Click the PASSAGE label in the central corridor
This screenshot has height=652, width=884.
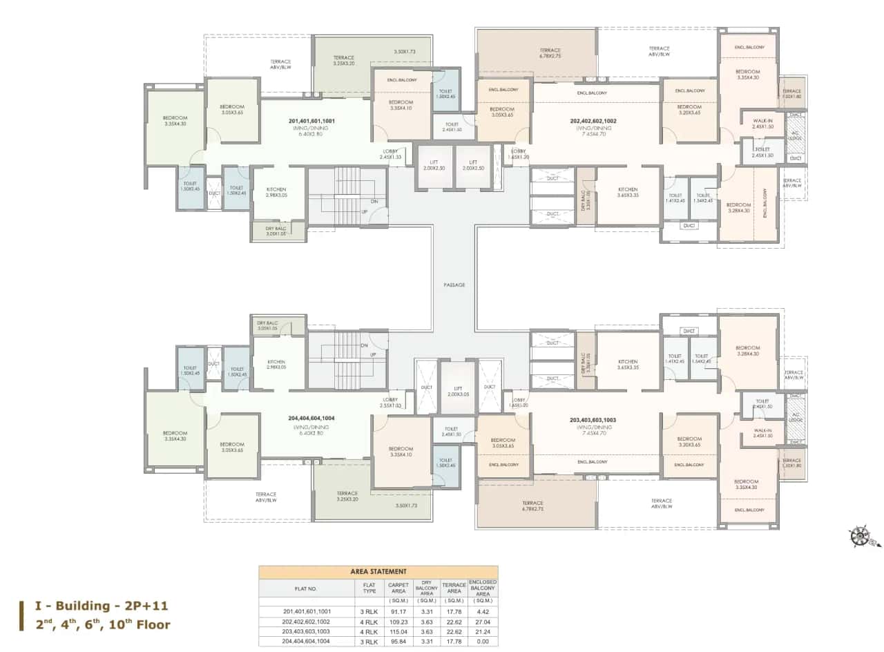coord(454,285)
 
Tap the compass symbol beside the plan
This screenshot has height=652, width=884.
coord(862,536)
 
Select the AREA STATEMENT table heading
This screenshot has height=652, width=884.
coord(378,572)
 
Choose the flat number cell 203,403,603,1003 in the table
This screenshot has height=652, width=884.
coord(307,631)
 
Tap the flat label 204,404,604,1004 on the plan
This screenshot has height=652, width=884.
coord(312,418)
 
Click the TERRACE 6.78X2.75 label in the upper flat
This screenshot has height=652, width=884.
coord(550,52)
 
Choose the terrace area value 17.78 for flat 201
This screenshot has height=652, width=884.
coord(454,611)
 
